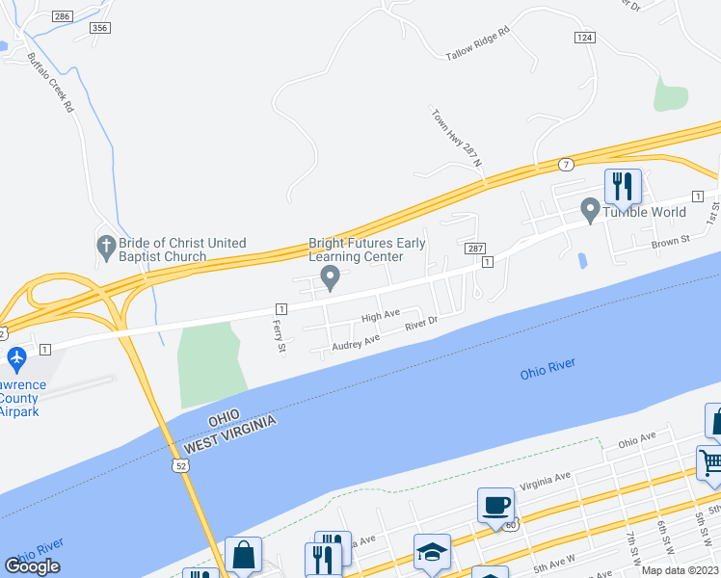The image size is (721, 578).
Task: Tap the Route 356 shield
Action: [x=99, y=29]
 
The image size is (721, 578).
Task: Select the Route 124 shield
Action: [x=583, y=37]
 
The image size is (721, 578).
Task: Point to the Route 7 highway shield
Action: [x=566, y=164]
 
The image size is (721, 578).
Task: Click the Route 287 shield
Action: [x=475, y=249]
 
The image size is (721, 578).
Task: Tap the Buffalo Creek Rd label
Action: [x=51, y=83]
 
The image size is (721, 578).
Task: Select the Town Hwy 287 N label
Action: [x=455, y=137]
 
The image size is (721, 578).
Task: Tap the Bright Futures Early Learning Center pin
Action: [x=331, y=277]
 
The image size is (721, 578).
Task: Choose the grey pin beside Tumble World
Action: [x=590, y=207]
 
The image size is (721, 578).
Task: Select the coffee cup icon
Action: [x=495, y=505]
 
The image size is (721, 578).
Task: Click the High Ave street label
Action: [x=380, y=315]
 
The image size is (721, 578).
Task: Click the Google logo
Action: [x=33, y=566]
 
